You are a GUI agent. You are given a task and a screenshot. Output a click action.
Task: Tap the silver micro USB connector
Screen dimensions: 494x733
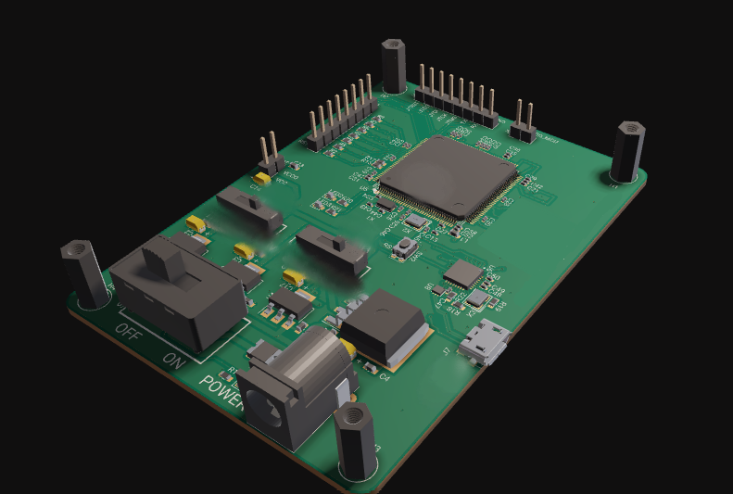[x=486, y=343]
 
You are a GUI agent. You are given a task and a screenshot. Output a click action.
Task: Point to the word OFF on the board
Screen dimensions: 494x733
[x=129, y=334]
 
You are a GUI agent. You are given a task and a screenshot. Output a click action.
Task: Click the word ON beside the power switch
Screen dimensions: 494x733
[x=173, y=359]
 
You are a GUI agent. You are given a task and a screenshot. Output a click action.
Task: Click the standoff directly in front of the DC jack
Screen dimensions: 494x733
[x=354, y=441]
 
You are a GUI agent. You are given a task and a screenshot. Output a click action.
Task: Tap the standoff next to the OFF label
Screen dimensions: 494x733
[x=84, y=272]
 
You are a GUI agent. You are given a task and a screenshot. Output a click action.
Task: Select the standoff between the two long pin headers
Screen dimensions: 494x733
[x=393, y=67]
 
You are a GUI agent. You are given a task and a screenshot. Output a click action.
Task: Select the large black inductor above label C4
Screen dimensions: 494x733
[x=383, y=324]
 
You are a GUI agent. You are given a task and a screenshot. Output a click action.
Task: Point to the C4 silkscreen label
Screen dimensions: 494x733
[x=384, y=376]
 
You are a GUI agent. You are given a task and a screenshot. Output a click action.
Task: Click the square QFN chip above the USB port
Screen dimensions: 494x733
[x=463, y=273]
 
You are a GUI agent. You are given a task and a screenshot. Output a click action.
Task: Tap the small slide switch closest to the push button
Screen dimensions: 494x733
[x=332, y=249]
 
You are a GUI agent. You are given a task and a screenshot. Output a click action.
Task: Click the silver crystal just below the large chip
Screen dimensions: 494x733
[x=417, y=221]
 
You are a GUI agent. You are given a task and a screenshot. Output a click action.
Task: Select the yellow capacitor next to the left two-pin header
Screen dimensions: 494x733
[x=263, y=176]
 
